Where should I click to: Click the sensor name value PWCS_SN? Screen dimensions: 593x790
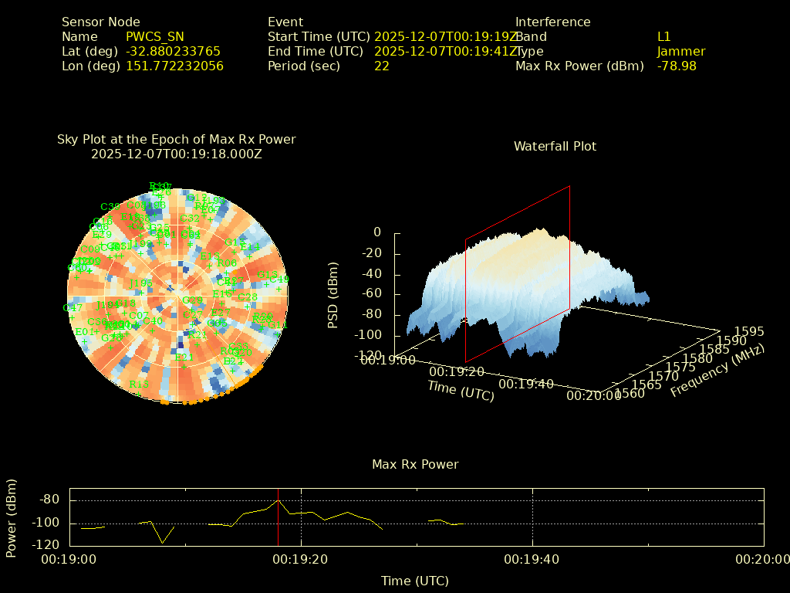tap(155, 37)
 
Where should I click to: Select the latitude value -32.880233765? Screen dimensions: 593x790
tap(174, 52)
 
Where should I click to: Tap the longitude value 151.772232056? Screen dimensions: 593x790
tap(175, 66)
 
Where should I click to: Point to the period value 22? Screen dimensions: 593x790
tap(382, 66)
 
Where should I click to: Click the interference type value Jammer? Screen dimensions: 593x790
tap(681, 52)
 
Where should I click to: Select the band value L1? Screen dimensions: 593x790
tap(664, 37)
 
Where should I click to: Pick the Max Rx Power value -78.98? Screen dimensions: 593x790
tap(677, 66)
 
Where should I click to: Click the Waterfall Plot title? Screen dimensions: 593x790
tap(555, 147)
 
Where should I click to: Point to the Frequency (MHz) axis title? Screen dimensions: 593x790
tap(717, 371)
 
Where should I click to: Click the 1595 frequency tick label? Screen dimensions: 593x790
tap(750, 332)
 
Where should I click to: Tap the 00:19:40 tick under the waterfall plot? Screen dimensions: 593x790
tap(526, 384)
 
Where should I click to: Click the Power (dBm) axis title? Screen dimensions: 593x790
tap(12, 517)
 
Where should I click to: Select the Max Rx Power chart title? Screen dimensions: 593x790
tap(415, 465)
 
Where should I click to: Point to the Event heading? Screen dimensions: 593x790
tap(285, 22)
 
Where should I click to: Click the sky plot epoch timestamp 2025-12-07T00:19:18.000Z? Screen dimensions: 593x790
tap(177, 154)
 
